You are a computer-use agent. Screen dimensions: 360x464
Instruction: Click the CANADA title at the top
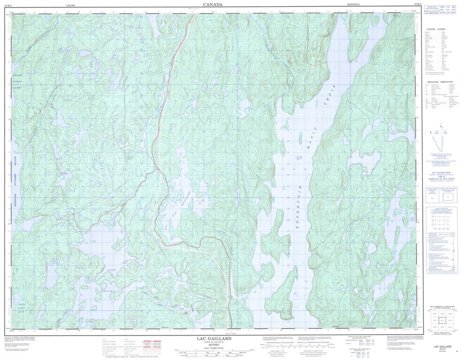tap(213, 5)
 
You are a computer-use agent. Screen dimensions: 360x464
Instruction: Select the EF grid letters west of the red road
tap(130, 157)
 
